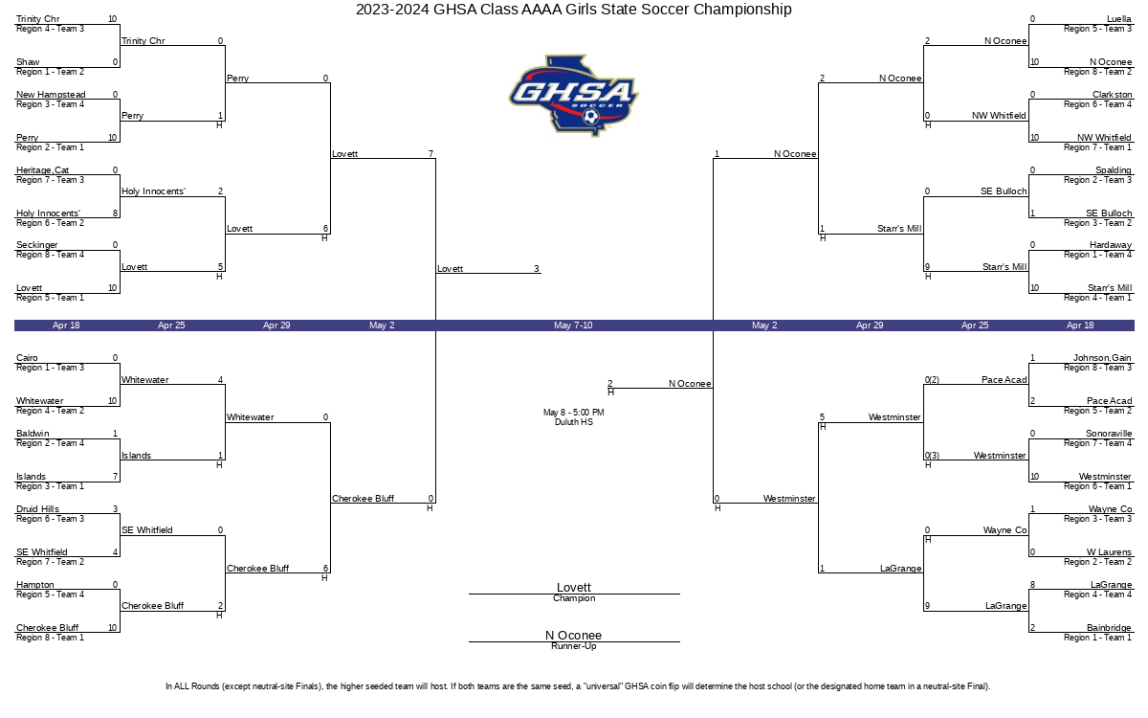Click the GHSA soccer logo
573,96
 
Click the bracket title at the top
573,10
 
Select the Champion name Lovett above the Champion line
573,587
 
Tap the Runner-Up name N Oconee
573,635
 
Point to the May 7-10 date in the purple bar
573,325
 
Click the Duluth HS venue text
573,422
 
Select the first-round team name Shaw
28,62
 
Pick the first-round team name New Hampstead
51,95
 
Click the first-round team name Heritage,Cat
42,169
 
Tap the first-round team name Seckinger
37,245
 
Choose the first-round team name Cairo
27,357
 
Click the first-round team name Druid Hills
37,508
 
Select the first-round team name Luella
1118,19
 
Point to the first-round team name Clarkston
1112,95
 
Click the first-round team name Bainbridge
1109,627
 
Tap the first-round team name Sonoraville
1109,434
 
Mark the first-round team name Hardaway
1110,245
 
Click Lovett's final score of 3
537,269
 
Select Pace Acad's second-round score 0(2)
932,379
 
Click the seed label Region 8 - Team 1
50,638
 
